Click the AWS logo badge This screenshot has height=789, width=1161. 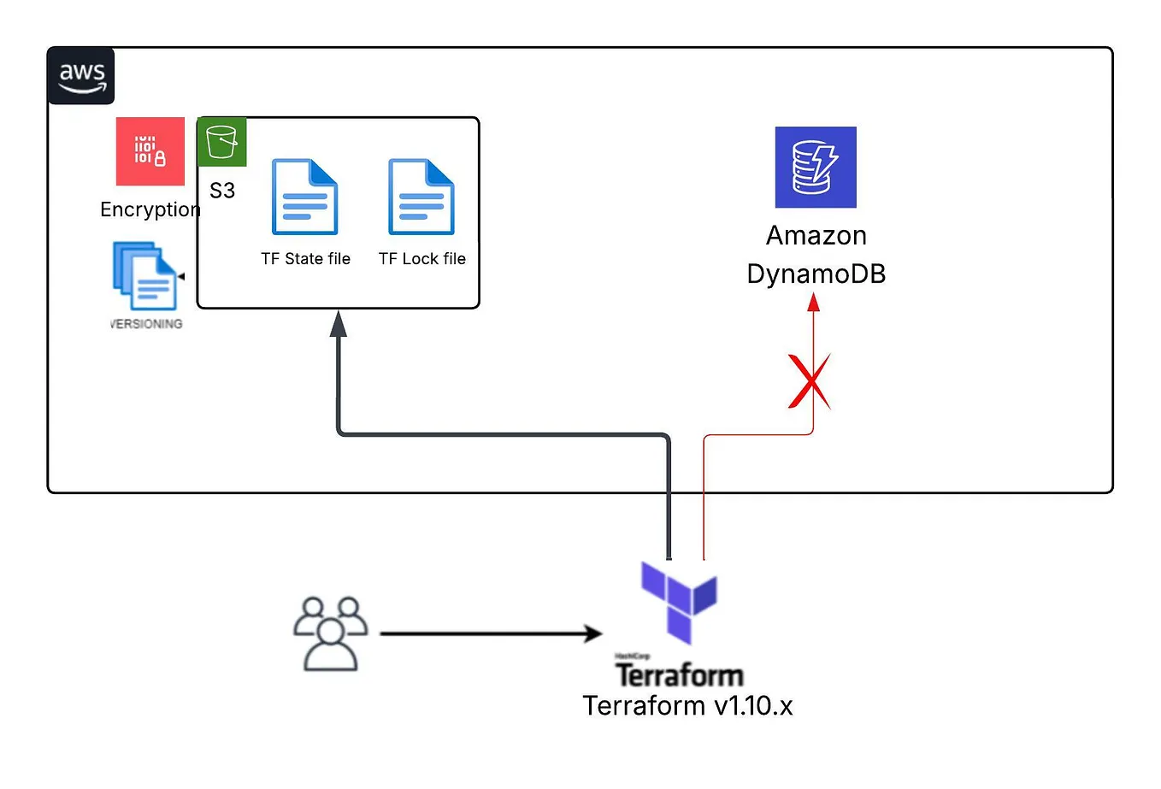(81, 76)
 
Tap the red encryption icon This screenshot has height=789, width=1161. (150, 151)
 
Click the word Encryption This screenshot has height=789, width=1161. (150, 209)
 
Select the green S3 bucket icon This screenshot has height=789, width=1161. (222, 142)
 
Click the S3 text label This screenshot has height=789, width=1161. (222, 191)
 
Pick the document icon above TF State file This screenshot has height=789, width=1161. (305, 197)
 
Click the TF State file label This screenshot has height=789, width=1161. (305, 258)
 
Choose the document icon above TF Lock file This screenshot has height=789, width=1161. (421, 197)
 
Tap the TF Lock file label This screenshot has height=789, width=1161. (422, 258)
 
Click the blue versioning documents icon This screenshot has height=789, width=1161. (144, 276)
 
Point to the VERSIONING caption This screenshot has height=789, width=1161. (146, 324)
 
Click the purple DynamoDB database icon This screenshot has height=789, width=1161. (816, 168)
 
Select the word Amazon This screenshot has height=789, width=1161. (816, 235)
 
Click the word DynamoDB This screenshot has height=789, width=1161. (816, 274)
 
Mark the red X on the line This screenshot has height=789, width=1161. (809, 381)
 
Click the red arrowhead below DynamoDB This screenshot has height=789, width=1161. (814, 302)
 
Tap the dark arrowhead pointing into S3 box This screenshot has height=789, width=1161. (339, 323)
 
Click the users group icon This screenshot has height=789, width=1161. (330, 633)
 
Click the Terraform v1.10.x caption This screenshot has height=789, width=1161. (687, 705)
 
